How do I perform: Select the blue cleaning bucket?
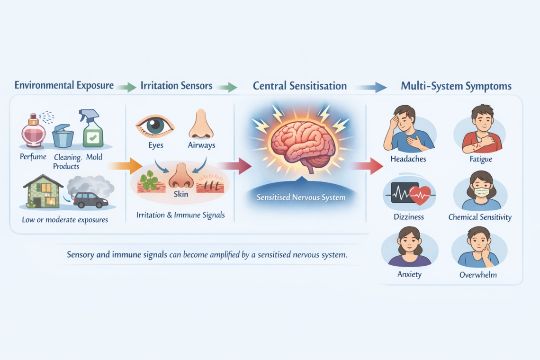tap(63, 136)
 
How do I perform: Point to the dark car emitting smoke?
tap(90, 199)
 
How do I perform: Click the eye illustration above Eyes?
tap(155, 125)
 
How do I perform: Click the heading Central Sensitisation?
tap(300, 86)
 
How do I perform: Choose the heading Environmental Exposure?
tap(64, 86)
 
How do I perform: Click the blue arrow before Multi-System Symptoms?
tap(371, 87)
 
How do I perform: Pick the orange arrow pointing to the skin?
tap(125, 166)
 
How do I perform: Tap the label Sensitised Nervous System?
tap(301, 197)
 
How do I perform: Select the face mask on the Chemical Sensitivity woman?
tap(481, 192)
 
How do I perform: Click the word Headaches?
tap(408, 159)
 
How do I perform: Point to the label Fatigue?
tap(480, 159)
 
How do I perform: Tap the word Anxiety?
tap(409, 274)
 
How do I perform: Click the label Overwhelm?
tap(479, 274)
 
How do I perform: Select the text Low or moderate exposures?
tap(65, 220)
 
